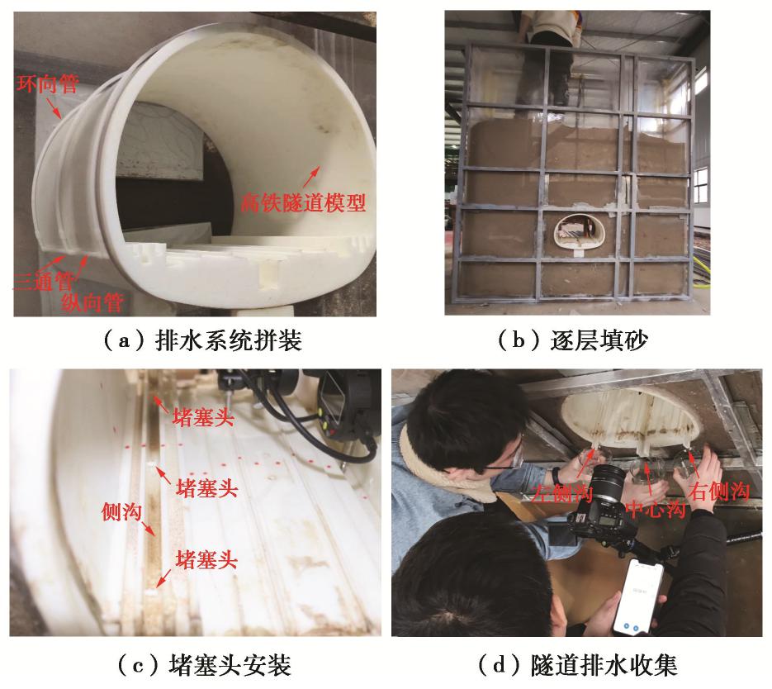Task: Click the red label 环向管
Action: coord(47,83)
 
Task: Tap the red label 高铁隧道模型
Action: coord(303,202)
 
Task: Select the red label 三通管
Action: coord(43,282)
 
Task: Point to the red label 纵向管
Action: coord(92,302)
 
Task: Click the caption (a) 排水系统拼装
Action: coord(202,340)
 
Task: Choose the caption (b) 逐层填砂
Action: coord(572,340)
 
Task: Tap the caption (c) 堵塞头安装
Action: coord(204,665)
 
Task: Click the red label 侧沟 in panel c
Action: coord(121,511)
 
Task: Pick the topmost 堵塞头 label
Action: coord(203,418)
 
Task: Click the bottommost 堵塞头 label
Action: coord(206,560)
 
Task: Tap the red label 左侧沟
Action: coord(561,492)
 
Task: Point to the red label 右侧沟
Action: coord(719,491)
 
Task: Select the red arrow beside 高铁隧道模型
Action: coord(310,177)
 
